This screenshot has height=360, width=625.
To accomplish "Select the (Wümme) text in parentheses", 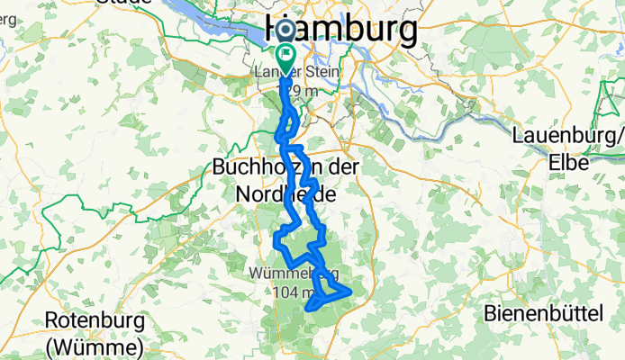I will (x=95, y=346).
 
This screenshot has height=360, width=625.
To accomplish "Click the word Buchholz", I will (x=249, y=167).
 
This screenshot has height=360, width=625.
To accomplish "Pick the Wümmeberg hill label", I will (x=294, y=271).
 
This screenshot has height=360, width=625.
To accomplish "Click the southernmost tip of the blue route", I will (x=311, y=310).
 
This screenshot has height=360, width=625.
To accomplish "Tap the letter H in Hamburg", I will (x=281, y=29).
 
